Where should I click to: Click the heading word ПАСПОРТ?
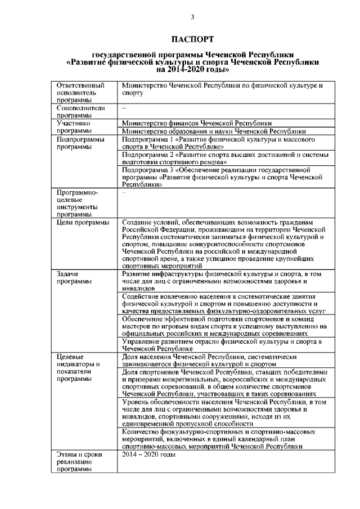coord(193,39)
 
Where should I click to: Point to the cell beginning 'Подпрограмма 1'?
coord(219,142)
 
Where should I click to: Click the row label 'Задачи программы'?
coord(70,278)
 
